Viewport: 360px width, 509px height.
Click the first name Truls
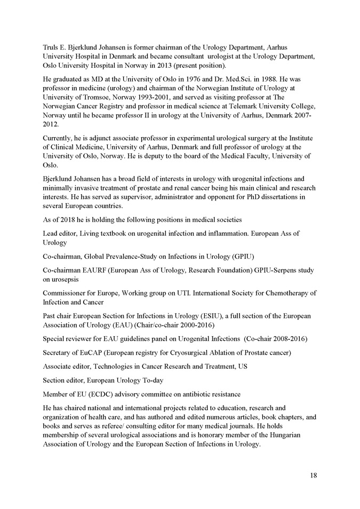(52, 48)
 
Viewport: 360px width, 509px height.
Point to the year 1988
(252, 78)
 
